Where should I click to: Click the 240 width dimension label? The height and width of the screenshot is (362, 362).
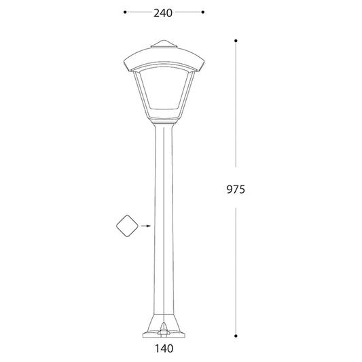click(x=163, y=13)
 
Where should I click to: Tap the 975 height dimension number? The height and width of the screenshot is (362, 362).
click(x=236, y=189)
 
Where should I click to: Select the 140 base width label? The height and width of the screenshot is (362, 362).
click(x=164, y=348)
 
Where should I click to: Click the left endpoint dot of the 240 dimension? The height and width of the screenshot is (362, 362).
click(x=125, y=12)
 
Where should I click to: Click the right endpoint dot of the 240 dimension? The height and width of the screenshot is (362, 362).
click(x=202, y=12)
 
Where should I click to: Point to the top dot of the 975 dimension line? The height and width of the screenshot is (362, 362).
click(x=236, y=41)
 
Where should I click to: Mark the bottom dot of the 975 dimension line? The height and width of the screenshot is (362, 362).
click(x=236, y=336)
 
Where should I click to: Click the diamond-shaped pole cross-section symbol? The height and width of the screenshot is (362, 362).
click(x=127, y=226)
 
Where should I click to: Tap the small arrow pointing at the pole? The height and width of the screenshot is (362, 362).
click(x=146, y=226)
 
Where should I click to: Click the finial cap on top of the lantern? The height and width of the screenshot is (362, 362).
click(x=164, y=44)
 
